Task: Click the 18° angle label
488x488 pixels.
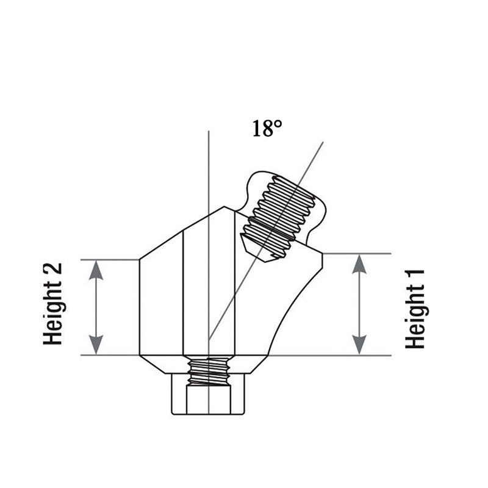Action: point(267,128)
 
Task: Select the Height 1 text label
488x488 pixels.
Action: point(415,309)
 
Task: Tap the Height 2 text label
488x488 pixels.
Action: point(52,304)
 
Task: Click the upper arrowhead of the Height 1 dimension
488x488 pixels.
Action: point(359,264)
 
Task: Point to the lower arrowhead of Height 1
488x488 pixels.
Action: point(359,345)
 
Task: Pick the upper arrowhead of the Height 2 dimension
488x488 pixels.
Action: point(96,270)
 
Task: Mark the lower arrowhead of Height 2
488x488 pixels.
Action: point(96,345)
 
